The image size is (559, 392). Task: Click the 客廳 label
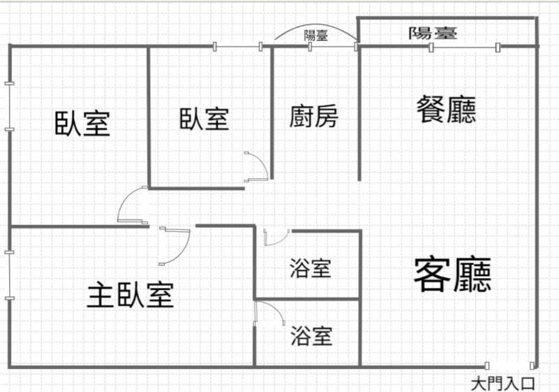(452, 274)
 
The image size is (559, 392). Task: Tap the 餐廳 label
(446, 110)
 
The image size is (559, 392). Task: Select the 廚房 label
(314, 117)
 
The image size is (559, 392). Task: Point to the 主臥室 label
(130, 295)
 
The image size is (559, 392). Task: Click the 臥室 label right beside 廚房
(204, 118)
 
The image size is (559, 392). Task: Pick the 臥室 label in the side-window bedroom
(82, 124)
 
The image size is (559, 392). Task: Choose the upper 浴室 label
(310, 268)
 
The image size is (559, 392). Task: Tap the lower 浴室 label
(311, 336)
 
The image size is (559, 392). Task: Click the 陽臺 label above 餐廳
(433, 33)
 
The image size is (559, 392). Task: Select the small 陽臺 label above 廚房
(316, 35)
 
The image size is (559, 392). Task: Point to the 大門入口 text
(502, 383)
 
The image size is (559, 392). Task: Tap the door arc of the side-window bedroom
(130, 207)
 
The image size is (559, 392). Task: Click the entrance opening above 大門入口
(510, 365)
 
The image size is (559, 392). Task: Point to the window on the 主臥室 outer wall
(9, 275)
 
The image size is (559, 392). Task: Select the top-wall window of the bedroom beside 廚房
(238, 47)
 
